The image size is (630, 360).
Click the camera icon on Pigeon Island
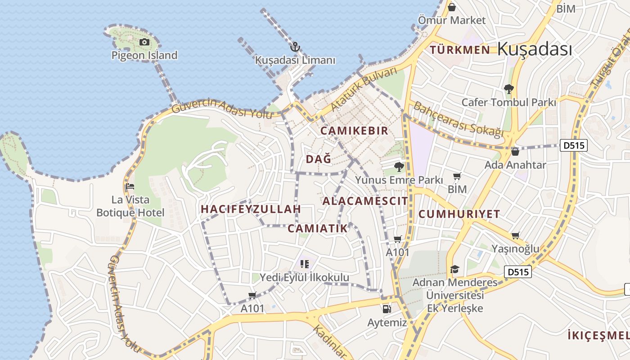point(144,42)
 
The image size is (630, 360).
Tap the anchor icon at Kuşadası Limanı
point(295,47)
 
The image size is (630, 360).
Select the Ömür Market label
point(452,20)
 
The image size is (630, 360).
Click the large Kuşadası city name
point(535,49)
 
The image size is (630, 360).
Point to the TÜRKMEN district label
point(460,49)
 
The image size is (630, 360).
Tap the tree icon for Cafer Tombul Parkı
point(509,89)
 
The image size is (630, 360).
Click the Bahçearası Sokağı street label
point(458,119)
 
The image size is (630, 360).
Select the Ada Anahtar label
point(515,165)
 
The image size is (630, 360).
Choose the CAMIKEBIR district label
point(354,131)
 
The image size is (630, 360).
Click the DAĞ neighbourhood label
point(319,159)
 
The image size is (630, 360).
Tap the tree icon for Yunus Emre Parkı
point(399,167)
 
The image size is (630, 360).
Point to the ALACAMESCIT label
point(365,201)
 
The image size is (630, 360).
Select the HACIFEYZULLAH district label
point(251,209)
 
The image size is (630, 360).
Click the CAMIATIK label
point(318,229)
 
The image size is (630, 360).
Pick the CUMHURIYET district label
point(459,214)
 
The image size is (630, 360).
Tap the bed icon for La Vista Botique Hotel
point(130,186)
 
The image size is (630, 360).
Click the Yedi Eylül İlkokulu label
point(305,278)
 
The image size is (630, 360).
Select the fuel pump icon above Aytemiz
point(387,309)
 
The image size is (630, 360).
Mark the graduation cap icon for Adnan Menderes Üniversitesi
point(454,269)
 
